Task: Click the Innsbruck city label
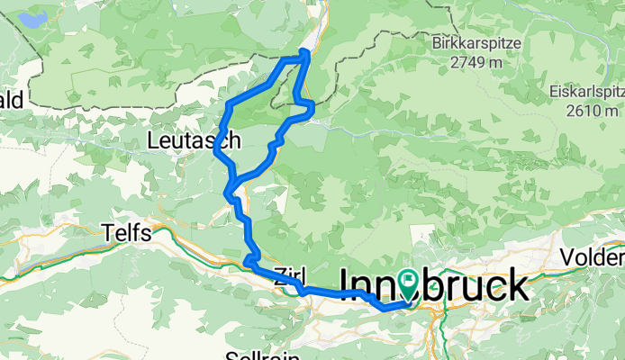click(433, 285)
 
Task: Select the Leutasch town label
click(194, 140)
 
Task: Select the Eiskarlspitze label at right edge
click(586, 93)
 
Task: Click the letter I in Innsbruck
click(344, 285)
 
